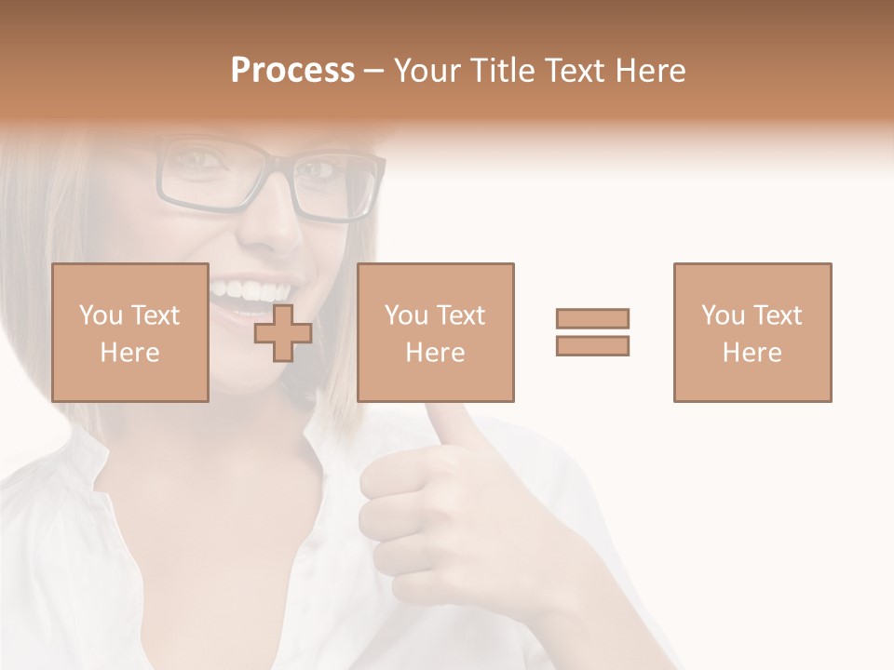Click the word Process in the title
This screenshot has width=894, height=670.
pos(292,71)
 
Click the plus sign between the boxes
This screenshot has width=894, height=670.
pos(283,333)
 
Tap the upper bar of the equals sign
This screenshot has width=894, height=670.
pos(592,318)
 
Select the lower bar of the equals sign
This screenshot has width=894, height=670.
pos(592,345)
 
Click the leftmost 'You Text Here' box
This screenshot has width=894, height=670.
pos(129,332)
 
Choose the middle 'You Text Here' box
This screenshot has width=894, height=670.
pos(435,332)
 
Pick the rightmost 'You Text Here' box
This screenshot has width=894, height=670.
pos(752,332)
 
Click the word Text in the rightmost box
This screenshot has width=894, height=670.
pos(777,315)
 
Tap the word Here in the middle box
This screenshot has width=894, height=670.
pos(435,353)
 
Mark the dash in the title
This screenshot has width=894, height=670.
pos(373,71)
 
